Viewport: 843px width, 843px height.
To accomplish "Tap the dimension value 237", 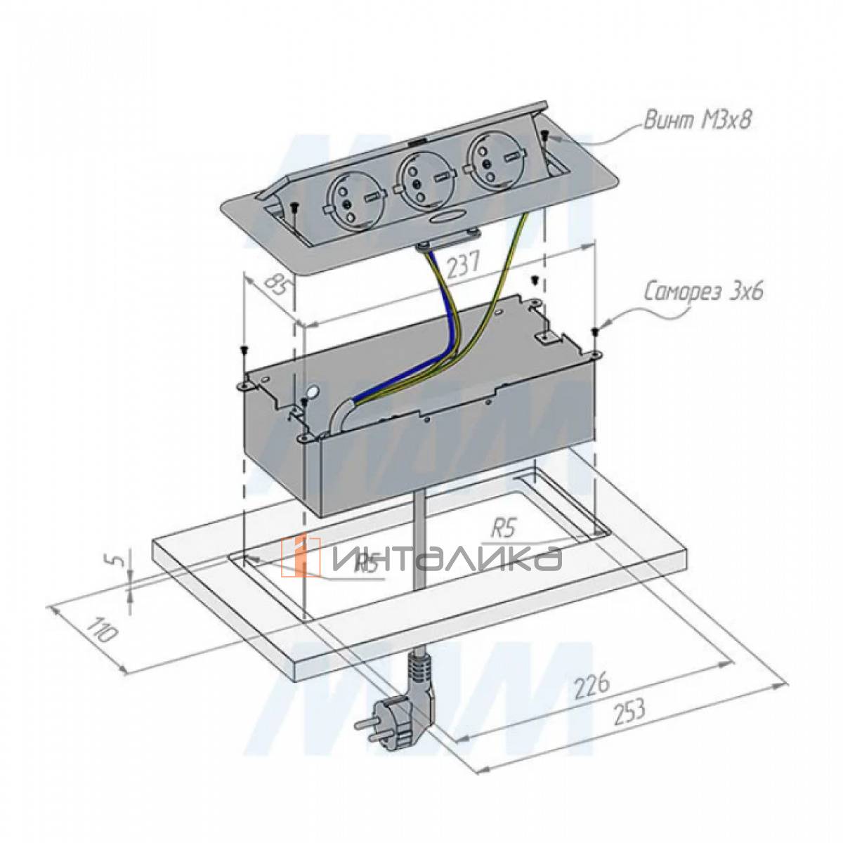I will click(x=462, y=265).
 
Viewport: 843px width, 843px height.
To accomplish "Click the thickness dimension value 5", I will click(x=119, y=562).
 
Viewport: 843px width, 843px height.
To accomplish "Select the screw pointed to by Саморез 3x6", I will click(x=595, y=332).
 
